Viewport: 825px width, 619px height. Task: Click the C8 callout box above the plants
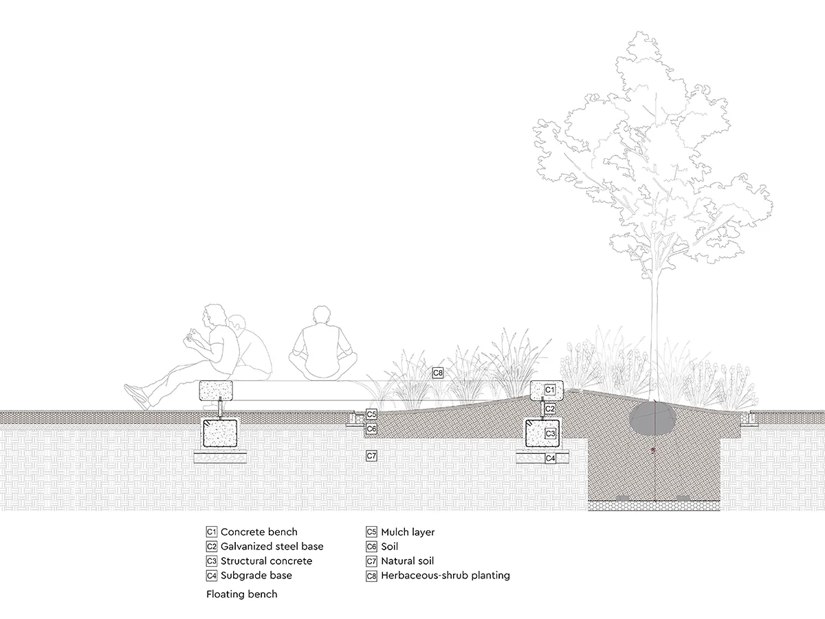[438, 373]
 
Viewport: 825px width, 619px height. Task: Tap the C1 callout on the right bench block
[549, 390]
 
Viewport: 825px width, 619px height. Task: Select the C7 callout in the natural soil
[371, 456]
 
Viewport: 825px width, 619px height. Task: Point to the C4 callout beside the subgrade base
[550, 458]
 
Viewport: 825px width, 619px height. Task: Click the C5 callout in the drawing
[371, 415]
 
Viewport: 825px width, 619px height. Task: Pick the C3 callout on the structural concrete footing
[550, 433]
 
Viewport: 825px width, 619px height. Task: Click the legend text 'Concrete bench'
[259, 532]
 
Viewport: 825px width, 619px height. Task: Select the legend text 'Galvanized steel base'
[272, 547]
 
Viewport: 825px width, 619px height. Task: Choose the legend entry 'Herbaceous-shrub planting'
[445, 576]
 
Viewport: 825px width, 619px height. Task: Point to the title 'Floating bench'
[242, 594]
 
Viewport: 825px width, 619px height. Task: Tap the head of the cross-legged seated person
[320, 316]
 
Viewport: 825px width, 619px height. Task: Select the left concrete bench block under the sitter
[217, 391]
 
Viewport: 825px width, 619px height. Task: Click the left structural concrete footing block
[220, 433]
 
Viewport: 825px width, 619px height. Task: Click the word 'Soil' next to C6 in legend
[389, 547]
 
